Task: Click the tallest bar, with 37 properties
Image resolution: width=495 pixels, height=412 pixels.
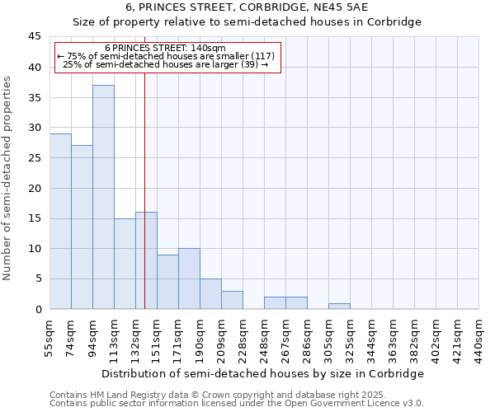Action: [x=103, y=197]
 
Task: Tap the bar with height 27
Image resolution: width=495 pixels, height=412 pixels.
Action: [x=82, y=227]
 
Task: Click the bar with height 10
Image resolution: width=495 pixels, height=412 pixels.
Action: [x=189, y=279]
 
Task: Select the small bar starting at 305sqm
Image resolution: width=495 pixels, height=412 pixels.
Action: [x=339, y=307]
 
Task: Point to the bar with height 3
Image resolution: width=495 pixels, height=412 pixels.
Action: [x=232, y=300]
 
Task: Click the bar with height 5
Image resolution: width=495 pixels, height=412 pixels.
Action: [x=210, y=294]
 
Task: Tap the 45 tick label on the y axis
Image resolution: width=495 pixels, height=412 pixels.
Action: [x=35, y=36]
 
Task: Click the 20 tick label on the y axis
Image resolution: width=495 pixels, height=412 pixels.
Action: [x=35, y=188]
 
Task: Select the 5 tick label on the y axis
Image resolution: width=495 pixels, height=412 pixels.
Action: [x=38, y=279]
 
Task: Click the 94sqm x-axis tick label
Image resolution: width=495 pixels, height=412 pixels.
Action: [x=92, y=338]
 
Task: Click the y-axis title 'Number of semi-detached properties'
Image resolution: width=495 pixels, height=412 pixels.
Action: [x=8, y=178]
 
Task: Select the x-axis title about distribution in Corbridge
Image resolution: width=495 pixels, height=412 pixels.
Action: [x=264, y=373]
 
